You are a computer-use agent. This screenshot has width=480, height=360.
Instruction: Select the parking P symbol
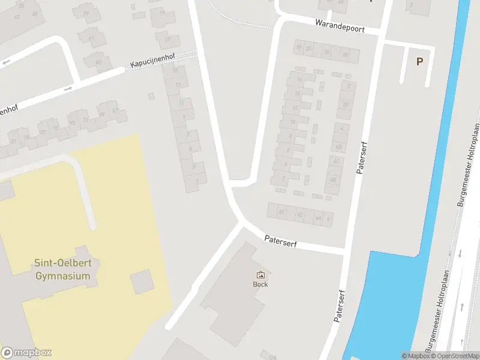pyautogui.click(x=419, y=61)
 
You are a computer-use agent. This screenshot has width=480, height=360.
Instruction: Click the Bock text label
pyautogui.click(x=260, y=284)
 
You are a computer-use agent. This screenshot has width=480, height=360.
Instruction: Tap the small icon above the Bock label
pyautogui.click(x=260, y=275)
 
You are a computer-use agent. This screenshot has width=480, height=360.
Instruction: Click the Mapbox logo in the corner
pyautogui.click(x=26, y=353)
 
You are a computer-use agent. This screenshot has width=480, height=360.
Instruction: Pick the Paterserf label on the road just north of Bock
pyautogui.click(x=281, y=242)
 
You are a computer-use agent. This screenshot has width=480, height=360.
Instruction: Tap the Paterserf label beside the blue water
pyautogui.click(x=341, y=307)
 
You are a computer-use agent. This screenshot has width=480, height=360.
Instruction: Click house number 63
pyautogui.click(x=98, y=61)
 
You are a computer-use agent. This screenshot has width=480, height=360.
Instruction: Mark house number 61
pyautogui.click(x=91, y=38)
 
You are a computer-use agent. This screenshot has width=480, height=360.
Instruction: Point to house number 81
pyautogui.click(x=13, y=142)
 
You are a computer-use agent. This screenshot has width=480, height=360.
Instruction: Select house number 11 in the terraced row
pyautogui.click(x=181, y=103)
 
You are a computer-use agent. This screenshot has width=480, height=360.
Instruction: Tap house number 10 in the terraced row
pyautogui.click(x=293, y=122)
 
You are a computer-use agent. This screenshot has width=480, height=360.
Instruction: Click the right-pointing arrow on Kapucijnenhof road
pyautogui.click(x=67, y=89)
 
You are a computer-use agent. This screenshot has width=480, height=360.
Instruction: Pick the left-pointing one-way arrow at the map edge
pyautogui.click(x=5, y=62)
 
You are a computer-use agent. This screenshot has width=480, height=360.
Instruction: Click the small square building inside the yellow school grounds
pyautogui.click(x=142, y=281)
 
